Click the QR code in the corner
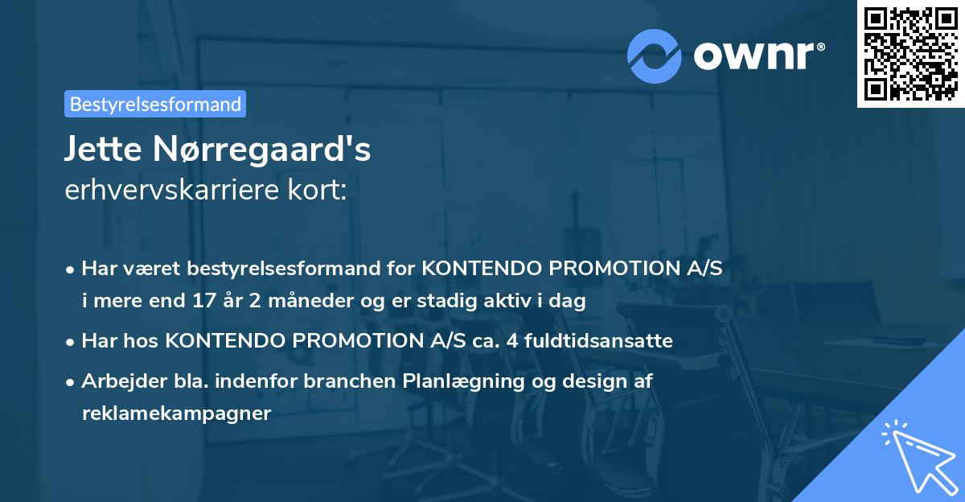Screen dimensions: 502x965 click(x=910, y=54)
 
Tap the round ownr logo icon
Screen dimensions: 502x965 click(x=655, y=56)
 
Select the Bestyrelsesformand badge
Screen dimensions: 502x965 click(x=155, y=104)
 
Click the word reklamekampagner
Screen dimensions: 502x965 click(x=177, y=414)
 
